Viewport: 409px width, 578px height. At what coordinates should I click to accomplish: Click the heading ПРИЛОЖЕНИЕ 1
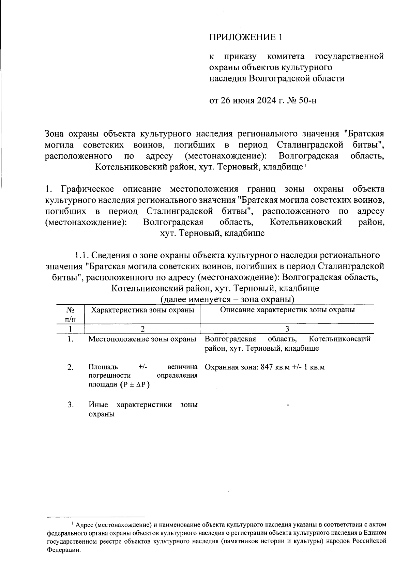click(246, 37)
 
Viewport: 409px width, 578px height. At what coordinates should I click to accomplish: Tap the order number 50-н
click(308, 101)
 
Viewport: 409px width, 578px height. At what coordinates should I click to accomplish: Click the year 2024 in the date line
click(262, 101)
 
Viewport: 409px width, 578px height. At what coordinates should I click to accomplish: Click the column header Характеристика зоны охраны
click(142, 310)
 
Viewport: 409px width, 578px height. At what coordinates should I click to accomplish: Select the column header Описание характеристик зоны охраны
click(287, 310)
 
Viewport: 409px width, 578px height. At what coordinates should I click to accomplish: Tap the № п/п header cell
click(70, 314)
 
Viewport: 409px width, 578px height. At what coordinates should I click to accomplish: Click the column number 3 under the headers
click(287, 329)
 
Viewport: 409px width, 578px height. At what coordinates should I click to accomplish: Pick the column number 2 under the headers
click(142, 329)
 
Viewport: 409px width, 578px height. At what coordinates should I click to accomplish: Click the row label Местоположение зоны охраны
click(142, 339)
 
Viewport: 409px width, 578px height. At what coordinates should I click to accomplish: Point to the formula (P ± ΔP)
click(135, 384)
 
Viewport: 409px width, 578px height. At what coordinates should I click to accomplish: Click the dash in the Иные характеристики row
click(288, 405)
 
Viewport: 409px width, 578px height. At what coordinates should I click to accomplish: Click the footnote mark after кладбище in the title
click(305, 166)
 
